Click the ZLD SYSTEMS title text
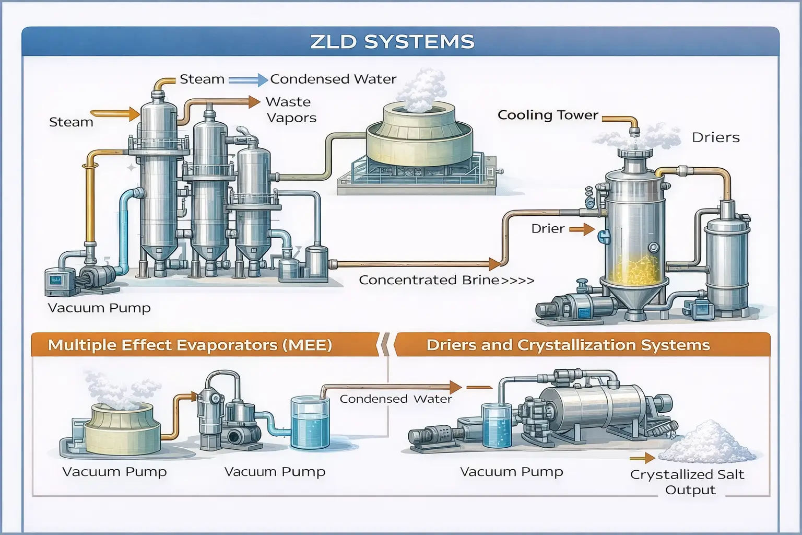pyautogui.click(x=392, y=42)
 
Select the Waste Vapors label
pyautogui.click(x=291, y=110)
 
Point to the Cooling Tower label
pyautogui.click(x=547, y=115)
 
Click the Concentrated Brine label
pyautogui.click(x=429, y=280)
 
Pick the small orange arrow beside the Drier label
pyautogui.click(x=582, y=229)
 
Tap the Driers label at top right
pyautogui.click(x=715, y=138)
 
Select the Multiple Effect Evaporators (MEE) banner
pyautogui.click(x=190, y=345)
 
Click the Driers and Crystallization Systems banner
pyautogui.click(x=568, y=345)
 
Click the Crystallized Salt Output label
pyautogui.click(x=687, y=482)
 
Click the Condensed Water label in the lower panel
pyautogui.click(x=395, y=399)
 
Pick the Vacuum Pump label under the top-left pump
pyautogui.click(x=99, y=308)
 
